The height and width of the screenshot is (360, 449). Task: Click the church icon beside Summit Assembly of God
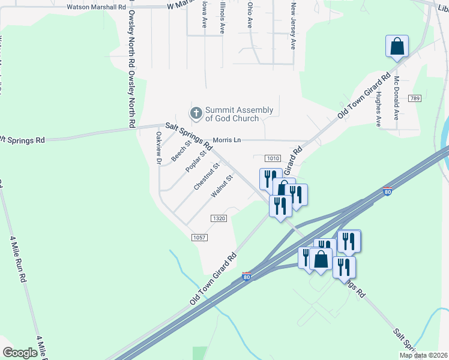point(196,113)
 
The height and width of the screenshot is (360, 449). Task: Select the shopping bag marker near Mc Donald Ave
point(397,46)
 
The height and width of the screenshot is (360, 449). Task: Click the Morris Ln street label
point(229,140)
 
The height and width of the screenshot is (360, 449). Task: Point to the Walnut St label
point(221,187)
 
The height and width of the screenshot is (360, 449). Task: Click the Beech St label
point(181,151)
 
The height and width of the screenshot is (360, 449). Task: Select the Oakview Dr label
point(159,148)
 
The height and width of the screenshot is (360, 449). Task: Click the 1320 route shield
point(218,219)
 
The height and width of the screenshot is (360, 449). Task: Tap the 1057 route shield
point(200,238)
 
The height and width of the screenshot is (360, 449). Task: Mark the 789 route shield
point(414,98)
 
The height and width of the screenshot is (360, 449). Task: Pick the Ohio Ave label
point(250,14)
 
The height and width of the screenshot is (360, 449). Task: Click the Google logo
point(20,353)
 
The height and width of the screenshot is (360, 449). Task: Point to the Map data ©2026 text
point(423,355)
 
